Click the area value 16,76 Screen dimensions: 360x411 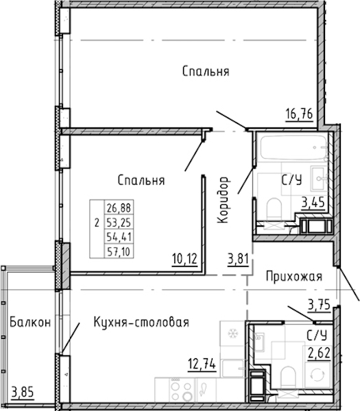(x=300, y=114)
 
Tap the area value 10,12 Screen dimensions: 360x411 (x=184, y=259)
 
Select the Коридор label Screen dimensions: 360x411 (x=224, y=200)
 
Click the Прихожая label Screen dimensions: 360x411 (x=294, y=276)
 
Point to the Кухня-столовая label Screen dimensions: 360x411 (x=141, y=322)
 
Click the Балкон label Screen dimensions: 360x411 (x=30, y=322)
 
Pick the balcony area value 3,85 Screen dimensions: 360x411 (x=23, y=393)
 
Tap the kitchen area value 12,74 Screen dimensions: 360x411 (x=202, y=364)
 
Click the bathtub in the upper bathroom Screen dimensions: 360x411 (x=293, y=147)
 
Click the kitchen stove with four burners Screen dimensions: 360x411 (x=181, y=390)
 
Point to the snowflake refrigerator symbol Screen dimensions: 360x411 (x=232, y=334)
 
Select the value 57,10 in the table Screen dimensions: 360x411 (x=119, y=251)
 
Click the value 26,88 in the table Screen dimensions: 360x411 (x=119, y=208)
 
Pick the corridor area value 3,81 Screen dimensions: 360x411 (x=238, y=259)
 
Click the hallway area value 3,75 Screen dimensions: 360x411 (x=319, y=305)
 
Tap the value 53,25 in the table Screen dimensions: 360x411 (x=119, y=222)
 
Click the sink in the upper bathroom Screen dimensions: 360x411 (x=319, y=179)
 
